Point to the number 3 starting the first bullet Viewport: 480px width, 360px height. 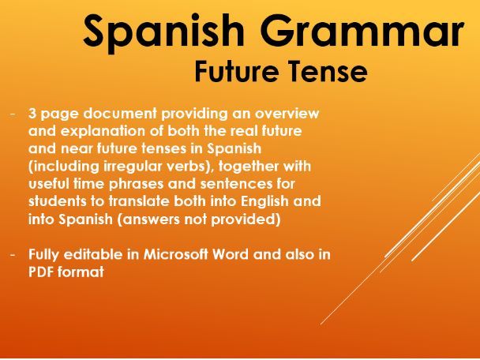tap(32, 114)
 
